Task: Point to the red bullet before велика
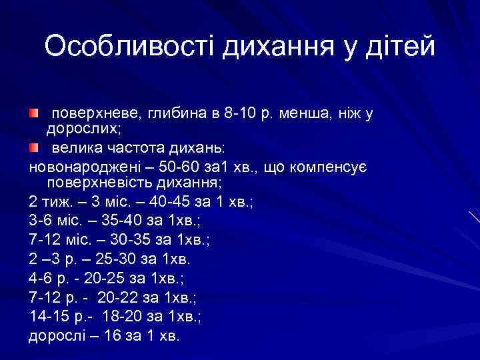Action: tap(33, 146)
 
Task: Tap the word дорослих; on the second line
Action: tap(74, 129)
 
